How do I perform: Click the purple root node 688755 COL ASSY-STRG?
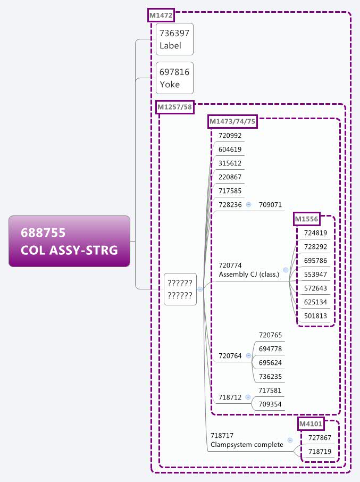(x=69, y=241)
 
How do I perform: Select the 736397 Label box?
(x=174, y=39)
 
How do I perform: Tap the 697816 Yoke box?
(x=174, y=78)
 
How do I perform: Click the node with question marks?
(x=180, y=289)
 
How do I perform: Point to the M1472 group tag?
(x=161, y=15)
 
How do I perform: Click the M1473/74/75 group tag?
(x=233, y=122)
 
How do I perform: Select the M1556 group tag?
(x=307, y=219)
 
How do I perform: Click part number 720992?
(x=230, y=136)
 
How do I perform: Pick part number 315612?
(x=230, y=163)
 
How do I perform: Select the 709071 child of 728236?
(x=270, y=205)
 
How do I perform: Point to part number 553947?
(x=315, y=275)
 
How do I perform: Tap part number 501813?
(x=315, y=316)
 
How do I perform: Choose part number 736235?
(x=270, y=377)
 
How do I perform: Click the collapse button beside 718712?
(x=248, y=397)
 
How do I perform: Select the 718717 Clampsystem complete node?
(x=247, y=440)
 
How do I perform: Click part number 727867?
(x=320, y=438)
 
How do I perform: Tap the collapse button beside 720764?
(x=248, y=355)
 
